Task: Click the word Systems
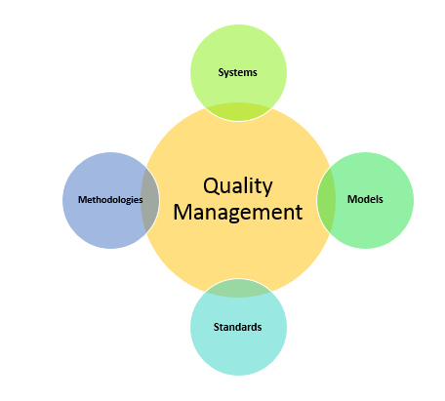click(x=237, y=72)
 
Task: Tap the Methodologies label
click(x=110, y=200)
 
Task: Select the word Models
click(x=365, y=199)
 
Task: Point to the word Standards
click(x=237, y=327)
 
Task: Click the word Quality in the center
click(x=238, y=186)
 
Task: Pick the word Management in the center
click(x=238, y=213)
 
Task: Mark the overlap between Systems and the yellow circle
click(x=238, y=112)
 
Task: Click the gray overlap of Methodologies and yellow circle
click(x=150, y=201)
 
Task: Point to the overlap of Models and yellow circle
click(x=326, y=201)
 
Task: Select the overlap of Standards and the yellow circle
click(x=238, y=288)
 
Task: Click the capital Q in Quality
click(x=212, y=186)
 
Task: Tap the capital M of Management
click(x=182, y=212)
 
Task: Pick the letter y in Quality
click(x=267, y=188)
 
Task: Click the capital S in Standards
click(x=217, y=327)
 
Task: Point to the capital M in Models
click(x=351, y=199)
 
